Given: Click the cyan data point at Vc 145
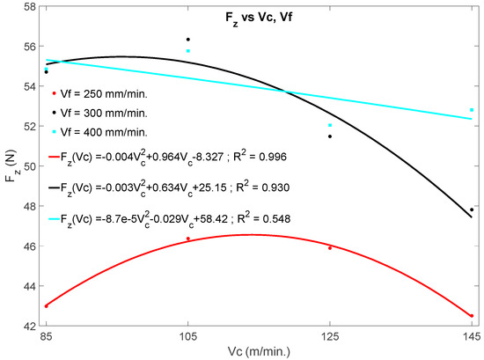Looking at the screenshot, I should (472, 110).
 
